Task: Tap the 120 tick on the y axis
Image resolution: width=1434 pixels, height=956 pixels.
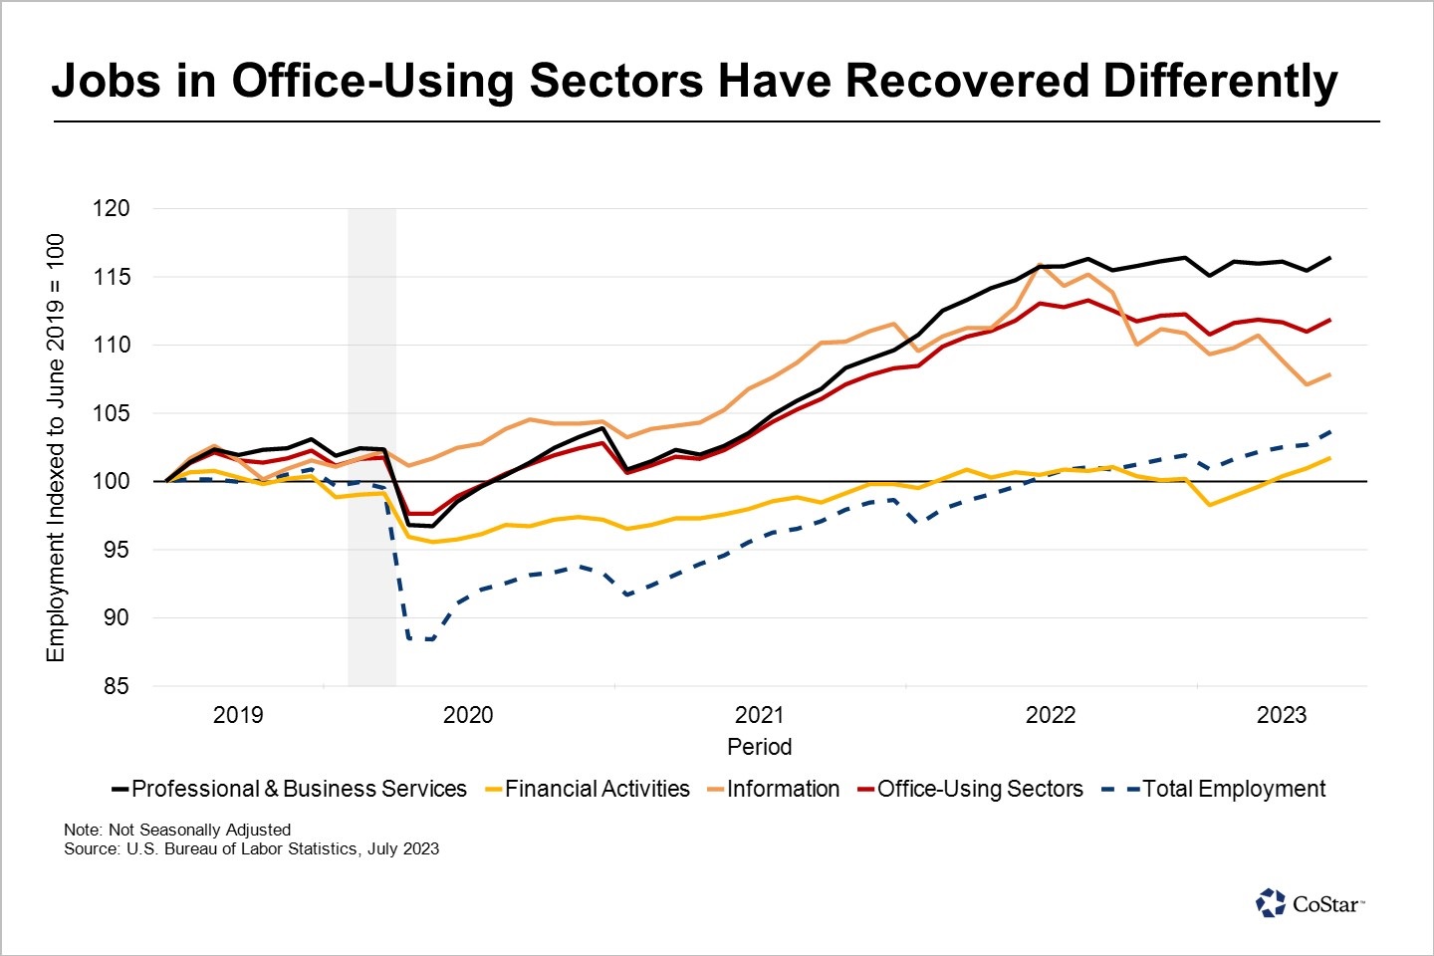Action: coord(111,208)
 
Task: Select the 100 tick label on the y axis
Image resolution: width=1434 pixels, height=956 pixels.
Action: coord(111,481)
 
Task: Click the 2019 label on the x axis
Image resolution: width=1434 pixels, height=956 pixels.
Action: coord(238,715)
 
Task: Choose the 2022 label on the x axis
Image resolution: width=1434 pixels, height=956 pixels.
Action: coord(1051,715)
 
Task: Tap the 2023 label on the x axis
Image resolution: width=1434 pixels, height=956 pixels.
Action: coord(1282,715)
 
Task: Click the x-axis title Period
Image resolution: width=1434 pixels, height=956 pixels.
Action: coord(759,747)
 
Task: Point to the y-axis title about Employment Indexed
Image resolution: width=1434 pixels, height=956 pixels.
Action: coord(56,447)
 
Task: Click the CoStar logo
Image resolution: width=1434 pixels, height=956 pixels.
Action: coord(1310,903)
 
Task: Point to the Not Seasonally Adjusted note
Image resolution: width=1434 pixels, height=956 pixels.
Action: coord(177,830)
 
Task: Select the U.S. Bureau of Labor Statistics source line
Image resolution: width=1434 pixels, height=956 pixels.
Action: coord(251,849)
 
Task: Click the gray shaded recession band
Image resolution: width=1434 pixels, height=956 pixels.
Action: coord(371,447)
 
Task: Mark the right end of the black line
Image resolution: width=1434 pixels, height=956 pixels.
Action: coord(1330,258)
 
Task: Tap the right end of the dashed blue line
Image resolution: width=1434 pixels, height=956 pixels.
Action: coord(1330,432)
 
